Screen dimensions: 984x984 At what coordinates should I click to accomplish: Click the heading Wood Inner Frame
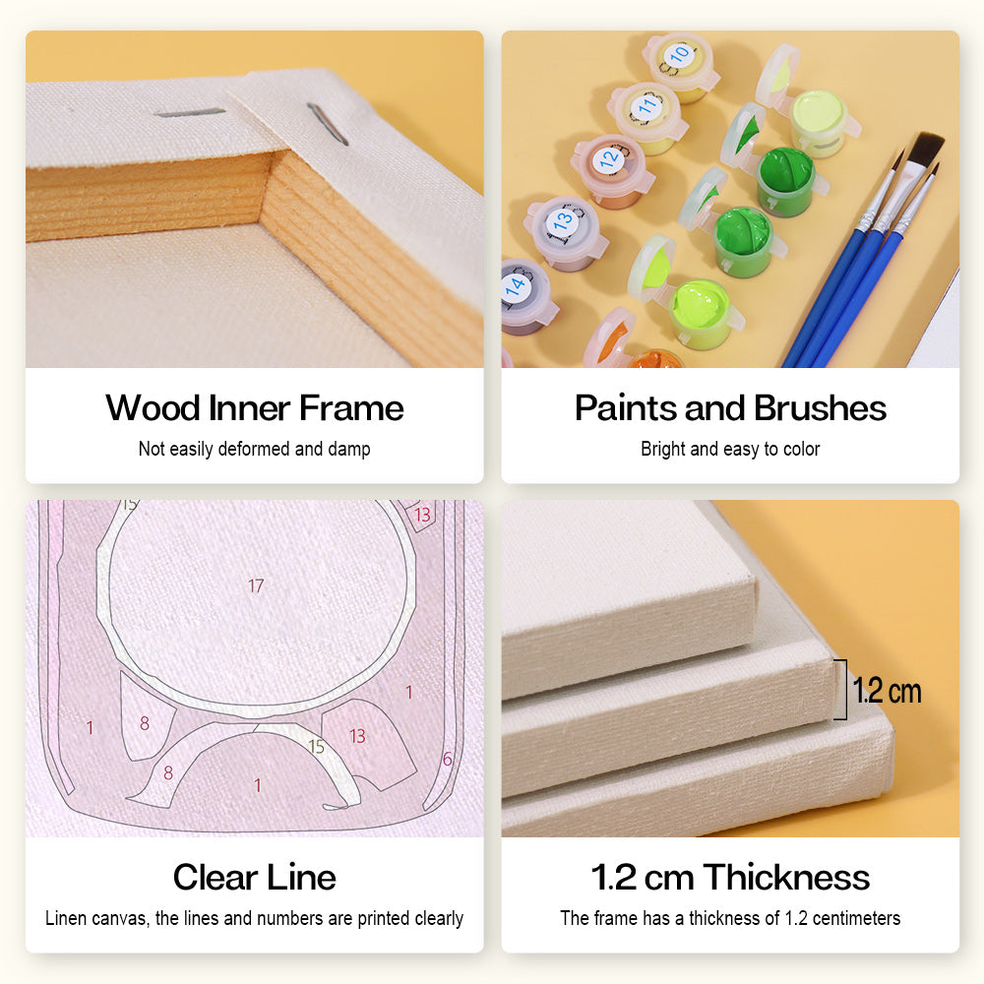tap(255, 408)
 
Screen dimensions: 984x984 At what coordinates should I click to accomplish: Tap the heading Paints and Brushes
tap(730, 408)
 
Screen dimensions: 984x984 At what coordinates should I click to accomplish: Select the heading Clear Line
tap(255, 877)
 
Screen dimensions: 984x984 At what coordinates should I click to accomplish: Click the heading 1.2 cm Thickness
tap(730, 877)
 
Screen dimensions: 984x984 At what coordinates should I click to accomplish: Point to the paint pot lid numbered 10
tap(679, 55)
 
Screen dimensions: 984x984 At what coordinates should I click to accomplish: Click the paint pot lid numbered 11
tap(646, 103)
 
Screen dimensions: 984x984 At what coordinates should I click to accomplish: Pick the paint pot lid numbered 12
tap(610, 157)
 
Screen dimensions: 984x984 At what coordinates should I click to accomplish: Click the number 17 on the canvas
tap(256, 585)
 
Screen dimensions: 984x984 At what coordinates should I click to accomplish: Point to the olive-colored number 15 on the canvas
tap(316, 747)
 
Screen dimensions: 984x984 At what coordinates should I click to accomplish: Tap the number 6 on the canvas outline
tap(447, 759)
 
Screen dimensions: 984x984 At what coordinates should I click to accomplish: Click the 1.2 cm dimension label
tap(887, 691)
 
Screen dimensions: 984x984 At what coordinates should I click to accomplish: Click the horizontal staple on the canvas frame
tap(190, 113)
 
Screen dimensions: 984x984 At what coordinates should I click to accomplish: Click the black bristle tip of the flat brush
tap(926, 149)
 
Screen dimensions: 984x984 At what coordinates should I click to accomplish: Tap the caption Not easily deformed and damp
tap(255, 450)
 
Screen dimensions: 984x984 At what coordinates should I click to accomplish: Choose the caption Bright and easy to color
tap(730, 450)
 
